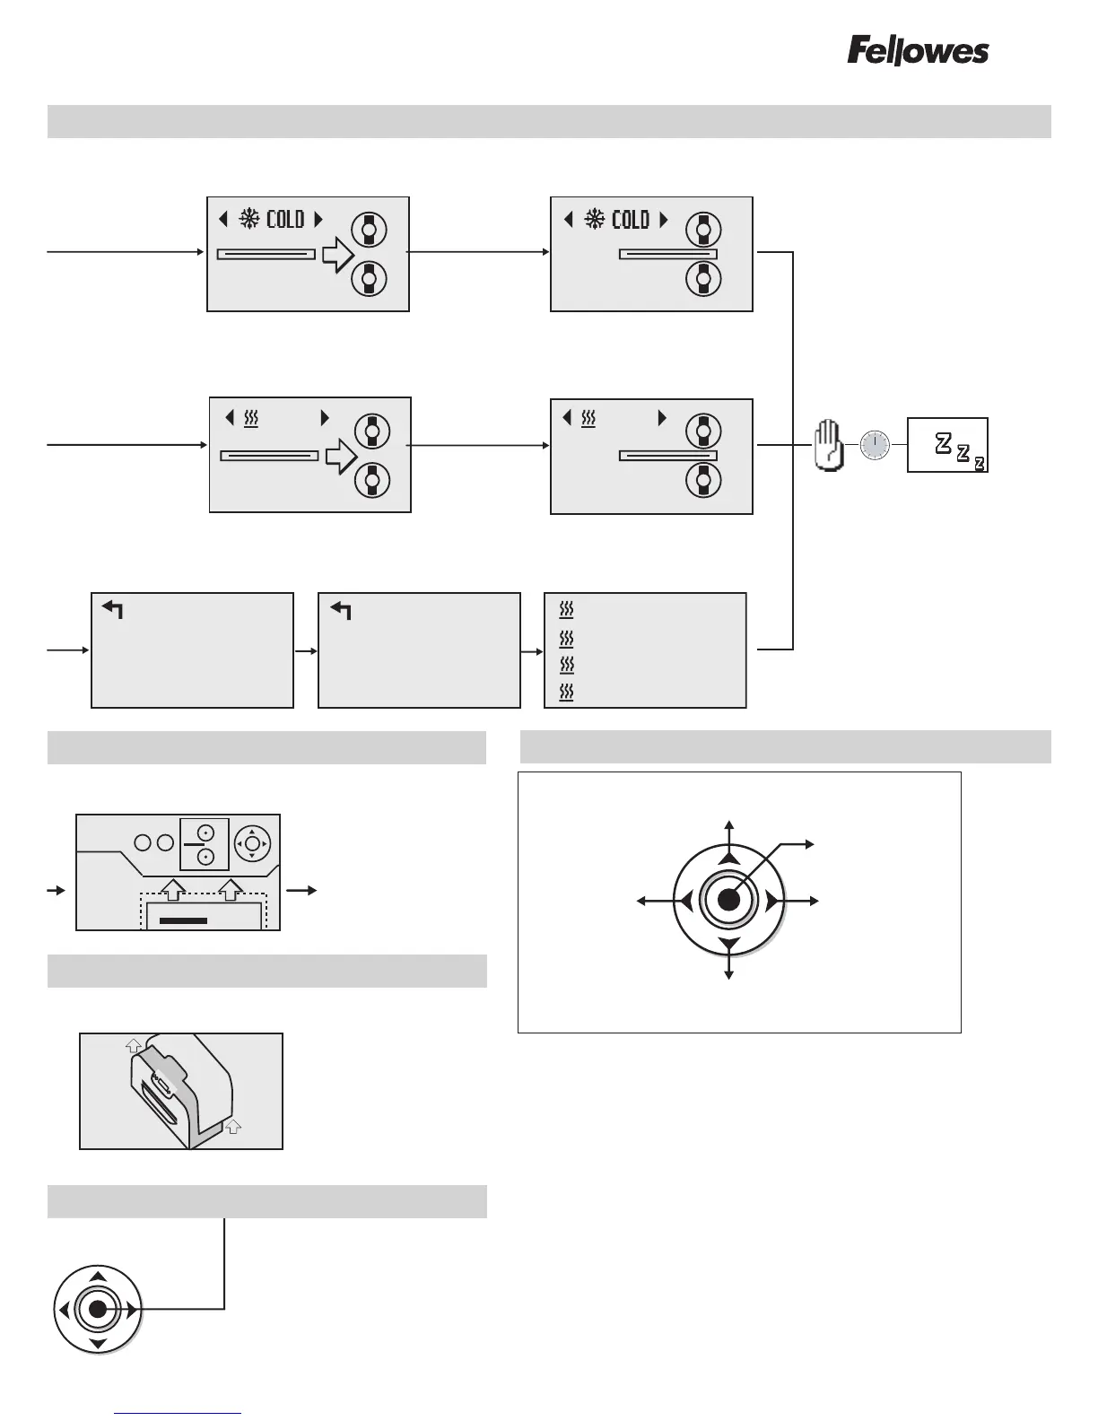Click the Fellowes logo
(x=918, y=51)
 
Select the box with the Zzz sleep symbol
(x=947, y=445)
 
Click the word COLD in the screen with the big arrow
(x=285, y=219)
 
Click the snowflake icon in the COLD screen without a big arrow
(x=595, y=219)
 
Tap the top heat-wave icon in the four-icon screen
(x=566, y=610)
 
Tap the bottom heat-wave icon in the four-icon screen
(x=566, y=692)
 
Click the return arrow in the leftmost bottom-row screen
(x=113, y=611)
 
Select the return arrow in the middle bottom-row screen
(x=341, y=611)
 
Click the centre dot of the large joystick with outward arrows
(x=729, y=900)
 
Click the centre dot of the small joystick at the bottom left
(x=99, y=1310)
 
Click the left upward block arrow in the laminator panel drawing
(x=175, y=889)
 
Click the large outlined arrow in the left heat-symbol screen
(x=341, y=457)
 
